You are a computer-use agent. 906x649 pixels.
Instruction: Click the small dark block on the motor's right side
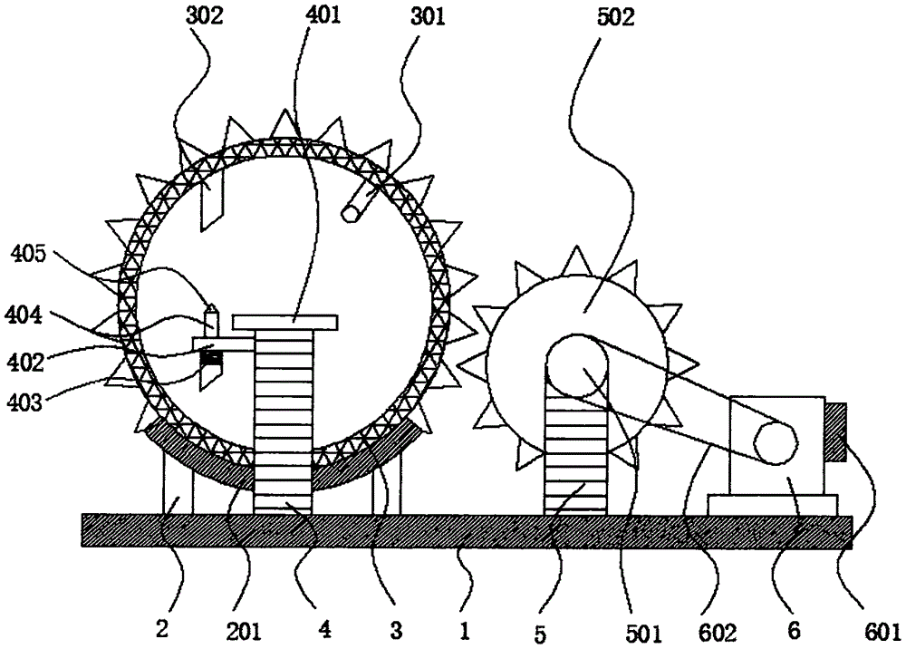(835, 431)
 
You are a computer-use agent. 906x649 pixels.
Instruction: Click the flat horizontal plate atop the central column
(284, 321)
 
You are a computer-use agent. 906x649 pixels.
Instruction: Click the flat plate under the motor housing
(772, 503)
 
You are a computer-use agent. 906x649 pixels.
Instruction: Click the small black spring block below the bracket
(210, 360)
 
